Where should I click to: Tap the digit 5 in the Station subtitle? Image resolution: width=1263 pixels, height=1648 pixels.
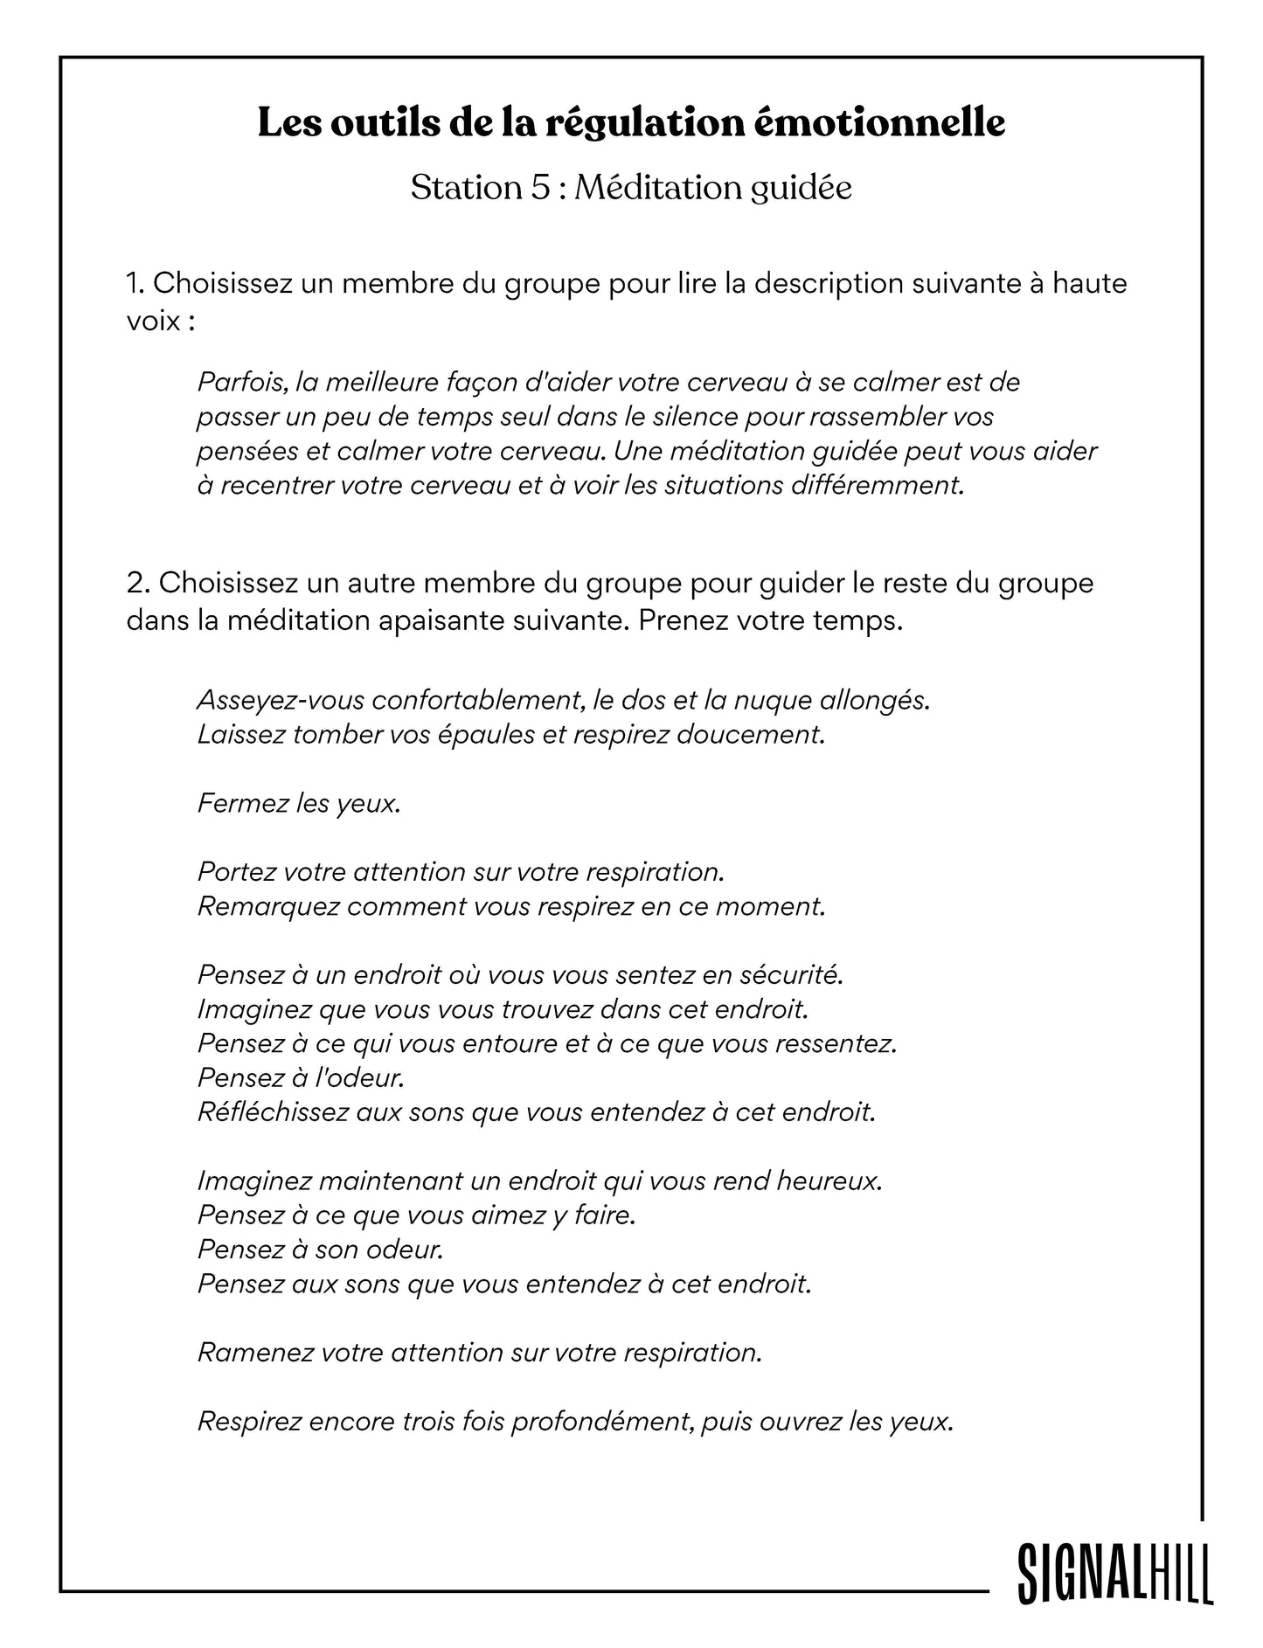pos(540,188)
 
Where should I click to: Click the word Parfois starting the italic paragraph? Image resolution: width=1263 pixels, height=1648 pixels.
pos(242,383)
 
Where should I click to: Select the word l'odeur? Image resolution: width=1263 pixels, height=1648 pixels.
pos(364,1078)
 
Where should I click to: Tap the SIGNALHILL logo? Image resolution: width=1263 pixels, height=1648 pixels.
pos(1115,1574)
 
